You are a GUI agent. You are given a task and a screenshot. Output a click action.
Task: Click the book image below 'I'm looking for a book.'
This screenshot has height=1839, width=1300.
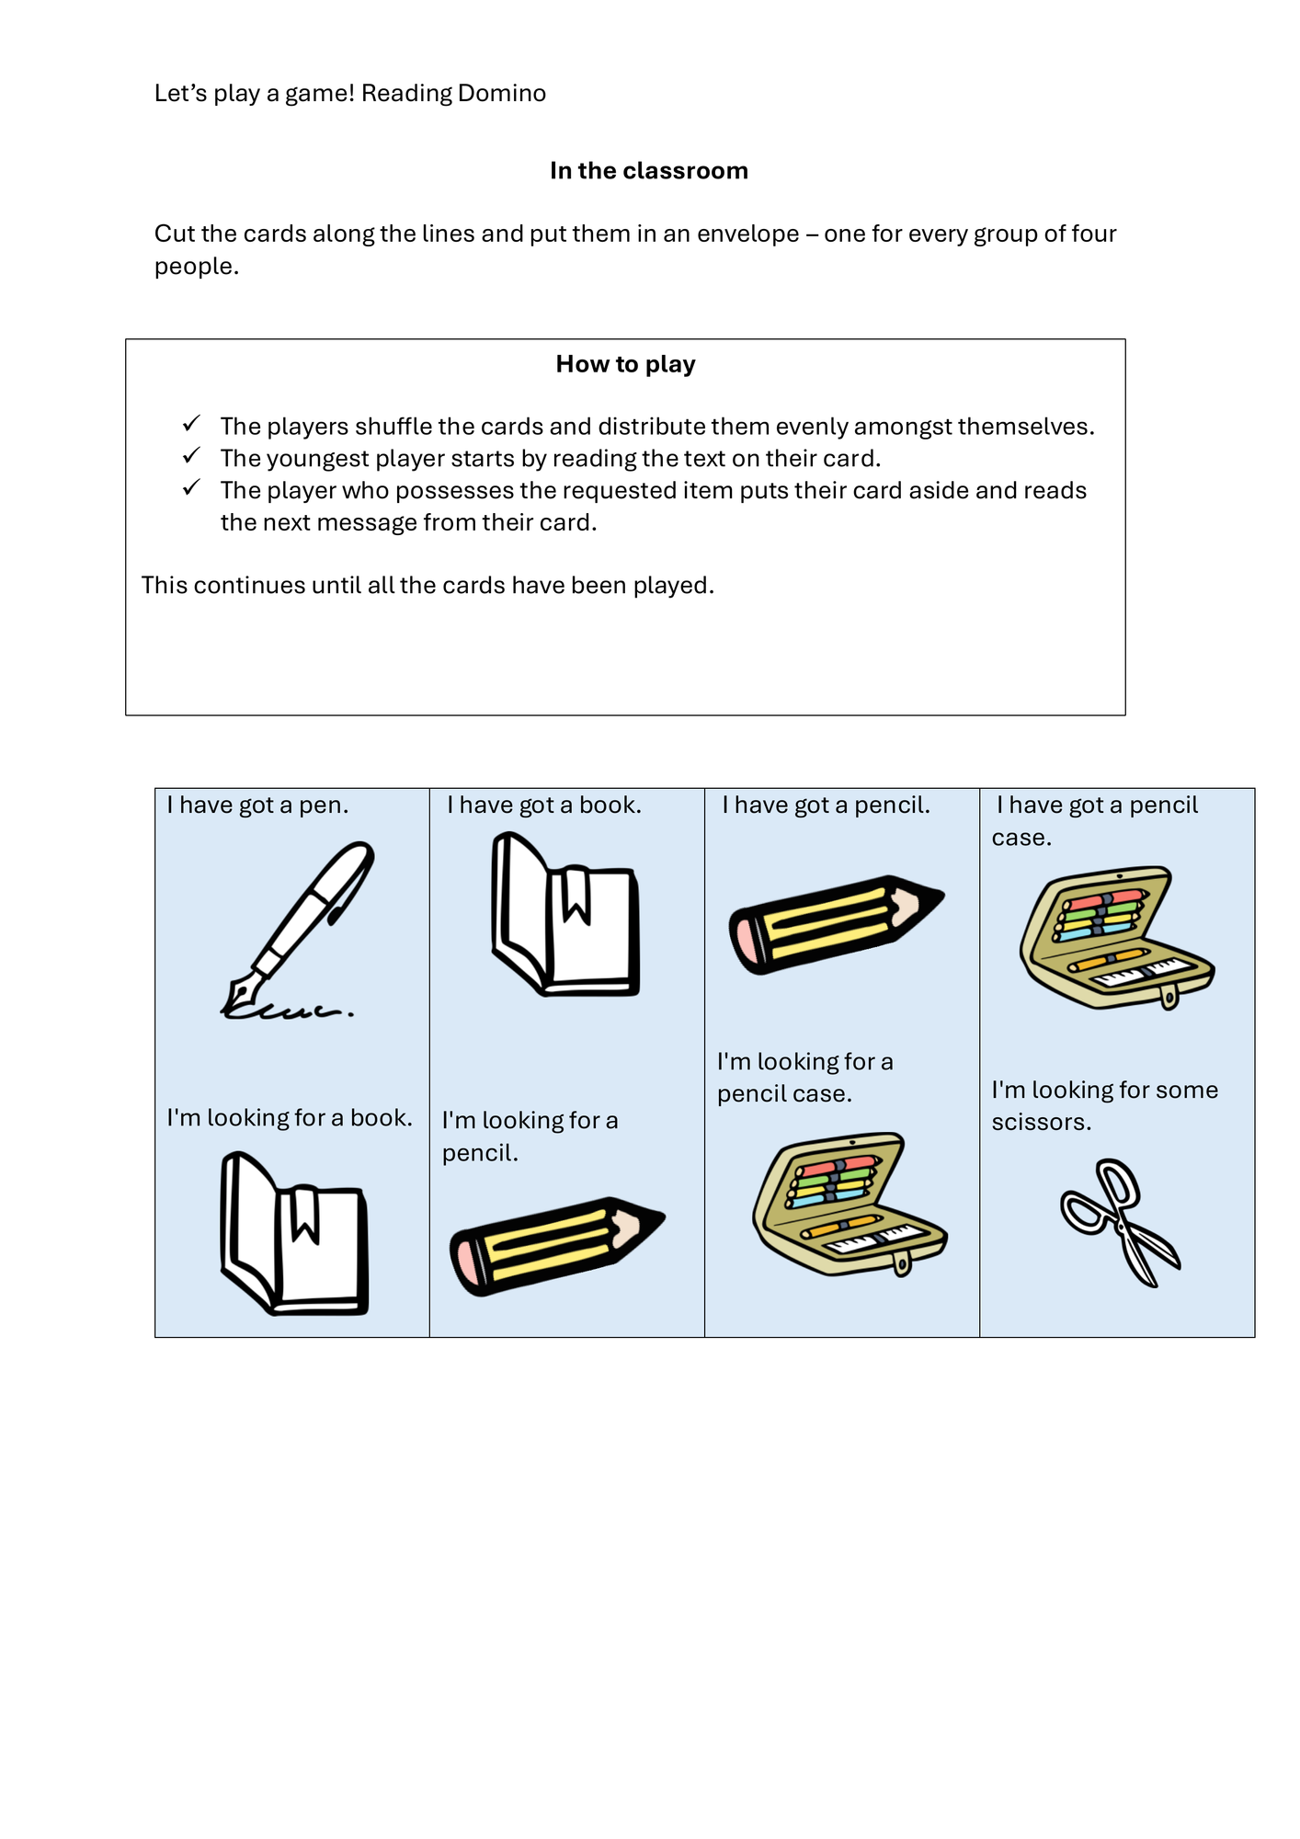coord(294,1233)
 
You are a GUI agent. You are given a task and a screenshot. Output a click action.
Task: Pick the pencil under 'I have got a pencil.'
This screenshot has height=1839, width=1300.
coord(837,924)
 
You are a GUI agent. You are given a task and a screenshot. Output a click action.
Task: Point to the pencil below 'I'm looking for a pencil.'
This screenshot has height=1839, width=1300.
coord(557,1246)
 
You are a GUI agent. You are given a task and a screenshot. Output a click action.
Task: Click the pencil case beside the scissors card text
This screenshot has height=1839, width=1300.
coord(1117,937)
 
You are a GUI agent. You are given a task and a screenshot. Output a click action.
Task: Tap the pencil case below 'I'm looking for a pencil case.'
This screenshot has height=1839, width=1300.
coord(850,1204)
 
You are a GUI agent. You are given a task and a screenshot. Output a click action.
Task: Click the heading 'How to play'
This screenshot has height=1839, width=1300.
coord(625,364)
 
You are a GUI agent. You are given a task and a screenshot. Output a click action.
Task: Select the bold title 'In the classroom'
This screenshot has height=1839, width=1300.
coord(649,170)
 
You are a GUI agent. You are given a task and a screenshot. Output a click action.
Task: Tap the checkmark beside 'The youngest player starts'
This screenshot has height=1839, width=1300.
coord(191,456)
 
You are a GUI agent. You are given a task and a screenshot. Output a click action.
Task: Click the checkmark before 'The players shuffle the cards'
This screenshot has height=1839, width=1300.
coord(191,424)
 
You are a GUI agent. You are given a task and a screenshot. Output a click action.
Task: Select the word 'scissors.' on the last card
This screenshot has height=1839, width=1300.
coord(1042,1122)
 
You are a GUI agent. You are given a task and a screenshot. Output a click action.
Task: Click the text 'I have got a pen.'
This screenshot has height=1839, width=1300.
coord(257,805)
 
